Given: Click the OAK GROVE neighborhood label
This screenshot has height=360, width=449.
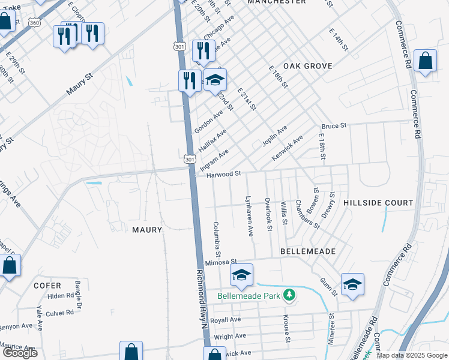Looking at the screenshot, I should point(304,66).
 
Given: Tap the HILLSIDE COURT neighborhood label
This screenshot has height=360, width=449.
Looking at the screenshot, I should point(378,203).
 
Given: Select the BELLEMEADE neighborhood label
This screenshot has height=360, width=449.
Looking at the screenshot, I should point(308,251).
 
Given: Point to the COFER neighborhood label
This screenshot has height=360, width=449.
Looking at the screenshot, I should point(47,286).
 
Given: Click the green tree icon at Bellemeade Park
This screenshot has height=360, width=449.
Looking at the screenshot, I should point(290,294).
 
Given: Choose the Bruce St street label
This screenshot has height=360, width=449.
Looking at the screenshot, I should point(334,127).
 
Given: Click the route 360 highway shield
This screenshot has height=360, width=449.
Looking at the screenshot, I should point(35,22).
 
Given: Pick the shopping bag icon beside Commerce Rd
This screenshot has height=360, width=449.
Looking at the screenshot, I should point(425,61).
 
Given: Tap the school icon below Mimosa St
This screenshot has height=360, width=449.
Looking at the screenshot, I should point(241,275).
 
